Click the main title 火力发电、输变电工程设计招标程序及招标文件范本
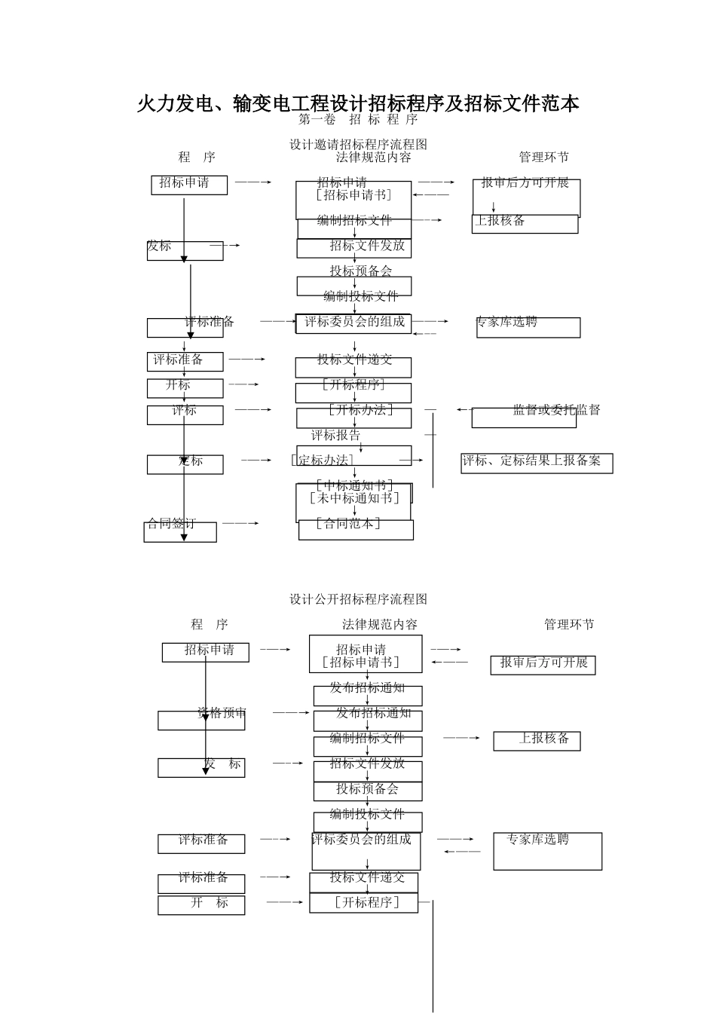(358, 103)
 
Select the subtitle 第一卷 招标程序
(358, 120)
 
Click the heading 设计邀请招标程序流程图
(358, 144)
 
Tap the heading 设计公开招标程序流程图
(358, 599)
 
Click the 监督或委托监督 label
(556, 410)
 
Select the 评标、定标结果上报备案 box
(536, 462)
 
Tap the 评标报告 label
(336, 436)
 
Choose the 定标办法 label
(323, 461)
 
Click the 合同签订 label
(172, 524)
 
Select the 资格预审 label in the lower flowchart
(222, 713)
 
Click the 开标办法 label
(360, 410)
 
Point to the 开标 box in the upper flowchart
(184, 387)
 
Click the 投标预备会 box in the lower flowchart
(367, 790)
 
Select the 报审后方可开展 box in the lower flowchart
(543, 663)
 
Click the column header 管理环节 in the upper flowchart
(543, 158)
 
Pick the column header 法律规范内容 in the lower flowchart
(379, 625)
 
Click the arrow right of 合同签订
(241, 523)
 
